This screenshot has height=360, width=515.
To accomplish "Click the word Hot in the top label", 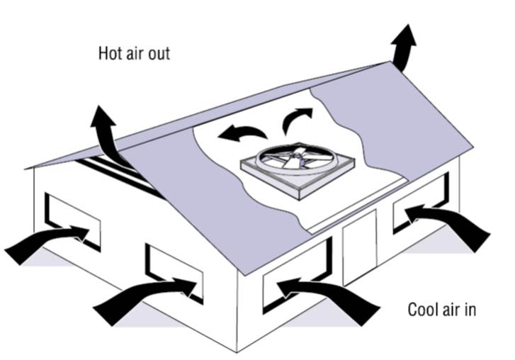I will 110,54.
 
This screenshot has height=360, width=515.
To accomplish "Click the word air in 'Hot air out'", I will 135,54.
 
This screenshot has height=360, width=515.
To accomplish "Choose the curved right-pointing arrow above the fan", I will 295,119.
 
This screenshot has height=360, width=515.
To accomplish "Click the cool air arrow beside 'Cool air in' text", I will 333,298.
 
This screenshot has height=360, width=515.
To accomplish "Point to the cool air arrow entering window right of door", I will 453,223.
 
